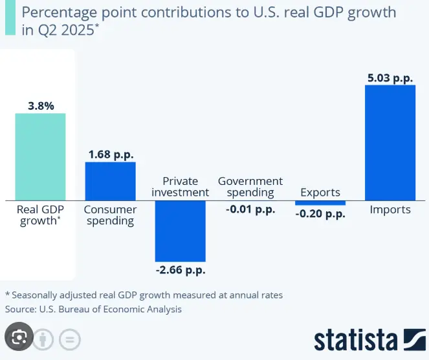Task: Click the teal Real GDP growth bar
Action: pos(40,156)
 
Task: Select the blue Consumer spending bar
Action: pos(110,180)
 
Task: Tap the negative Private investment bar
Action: pos(180,230)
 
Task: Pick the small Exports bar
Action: pos(320,202)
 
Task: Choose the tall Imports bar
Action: pos(390,142)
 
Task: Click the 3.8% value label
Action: pos(40,104)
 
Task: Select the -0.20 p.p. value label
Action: pos(320,215)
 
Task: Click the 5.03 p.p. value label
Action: pos(390,78)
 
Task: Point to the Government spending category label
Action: pos(250,186)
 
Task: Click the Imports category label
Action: pos(390,209)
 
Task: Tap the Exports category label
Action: pos(320,192)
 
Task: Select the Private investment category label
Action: pos(181,186)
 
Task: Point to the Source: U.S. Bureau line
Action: pos(93,309)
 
